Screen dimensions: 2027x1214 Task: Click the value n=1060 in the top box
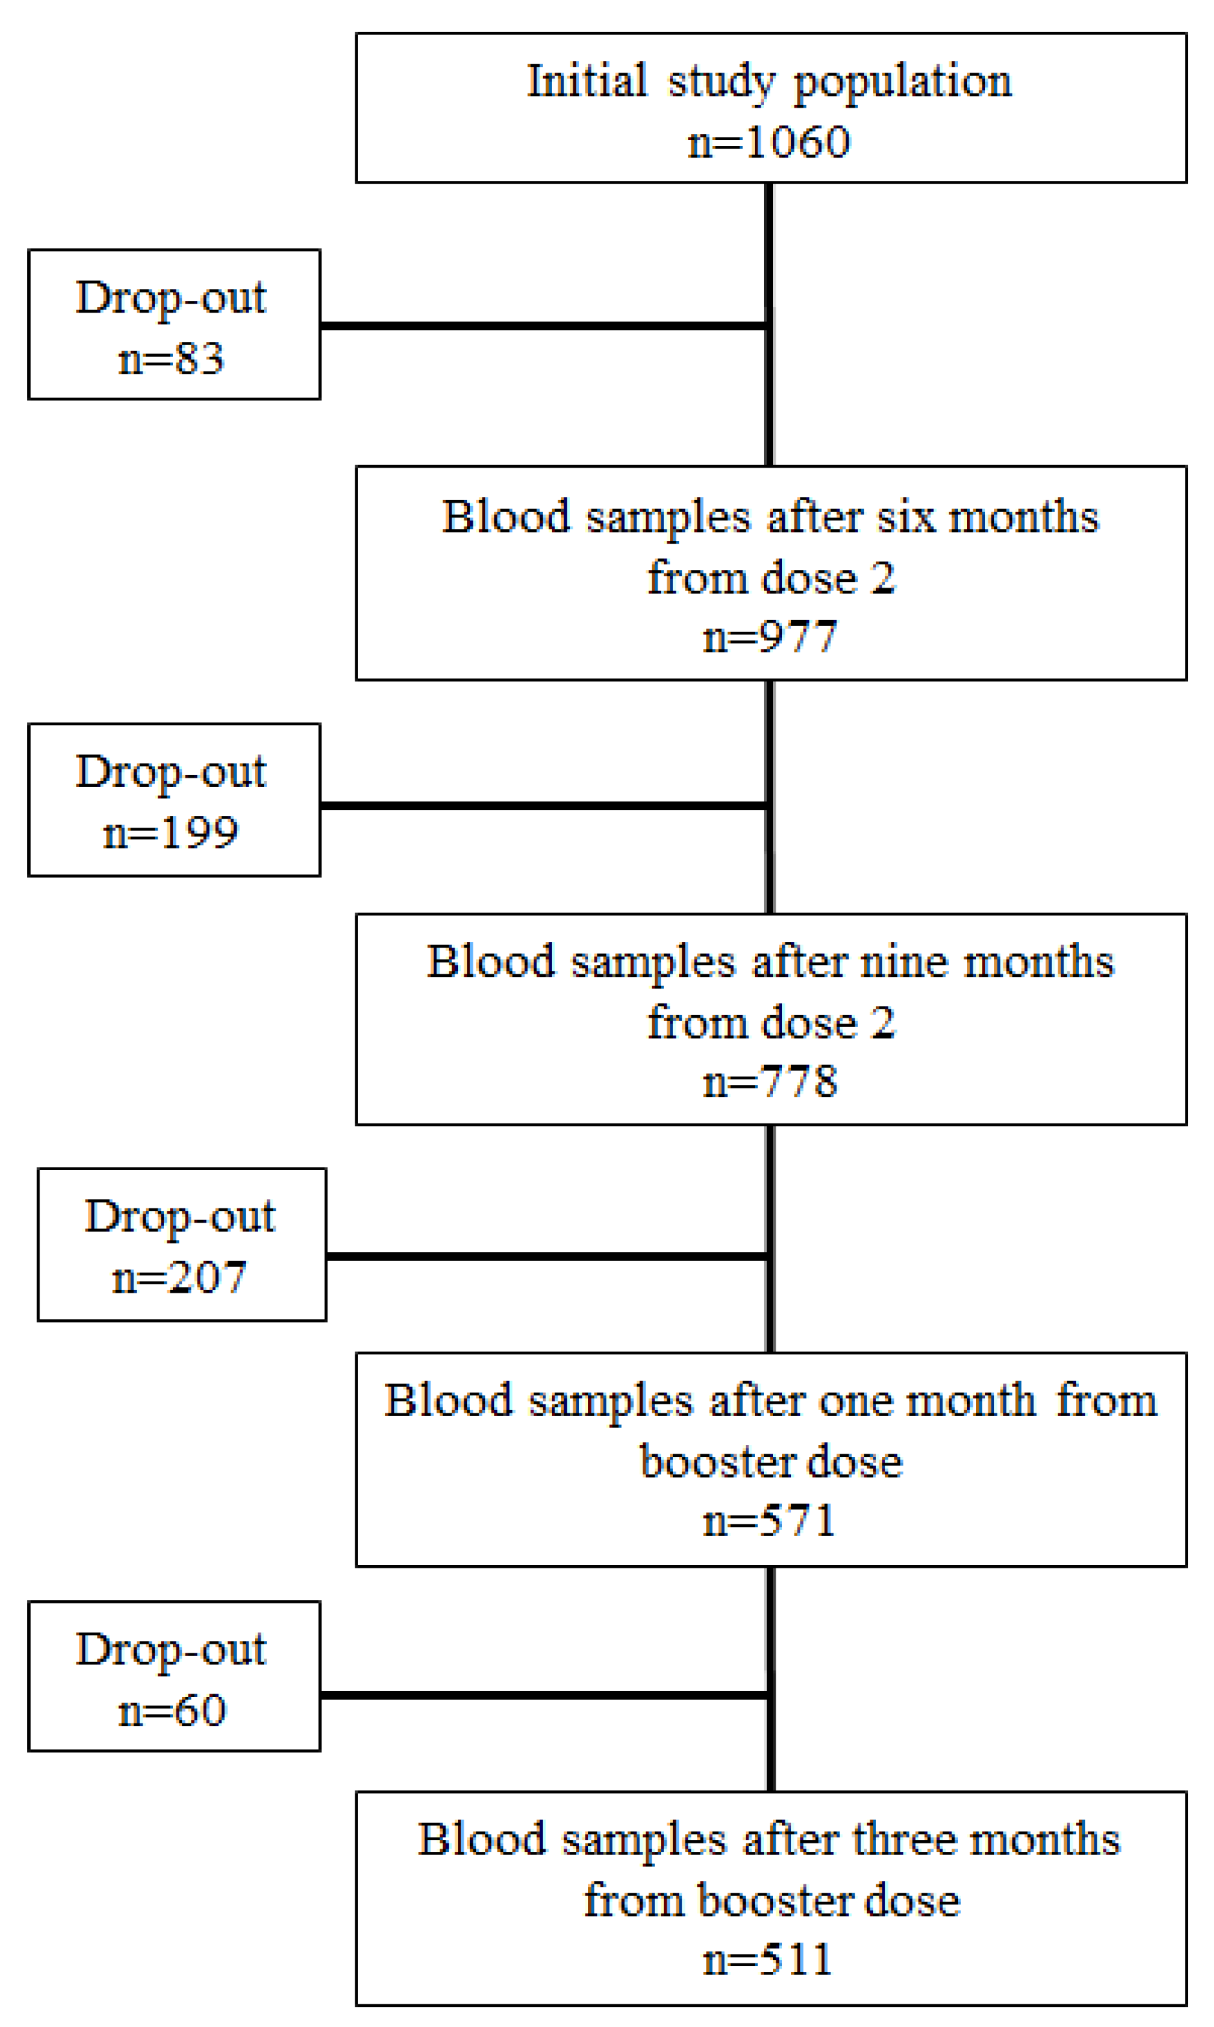(x=769, y=142)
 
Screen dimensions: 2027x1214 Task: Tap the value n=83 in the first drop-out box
(x=171, y=359)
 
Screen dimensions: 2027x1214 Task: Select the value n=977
(x=770, y=636)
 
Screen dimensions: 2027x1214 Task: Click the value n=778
(x=770, y=1081)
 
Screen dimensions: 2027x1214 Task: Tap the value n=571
(x=770, y=1520)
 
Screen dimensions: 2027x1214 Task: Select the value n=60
(x=172, y=1710)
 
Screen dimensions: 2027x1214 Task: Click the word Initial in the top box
(x=586, y=81)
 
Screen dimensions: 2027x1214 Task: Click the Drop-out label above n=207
(x=180, y=1216)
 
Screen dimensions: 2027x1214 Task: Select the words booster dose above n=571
(x=770, y=1462)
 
